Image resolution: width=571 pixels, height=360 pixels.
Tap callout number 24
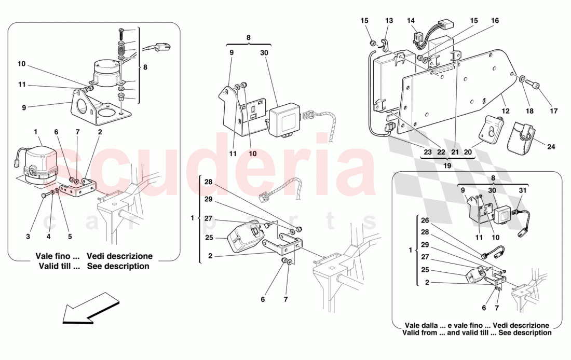(551, 147)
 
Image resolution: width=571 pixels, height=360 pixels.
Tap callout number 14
(411, 20)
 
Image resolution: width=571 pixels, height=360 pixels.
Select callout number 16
(495, 20)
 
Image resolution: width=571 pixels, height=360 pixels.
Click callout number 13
(389, 20)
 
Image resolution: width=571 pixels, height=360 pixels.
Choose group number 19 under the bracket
(447, 165)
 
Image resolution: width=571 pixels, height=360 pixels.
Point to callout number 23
(427, 152)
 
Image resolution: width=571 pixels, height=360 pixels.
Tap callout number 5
(70, 237)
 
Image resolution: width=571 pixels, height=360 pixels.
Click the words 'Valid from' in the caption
(419, 333)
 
